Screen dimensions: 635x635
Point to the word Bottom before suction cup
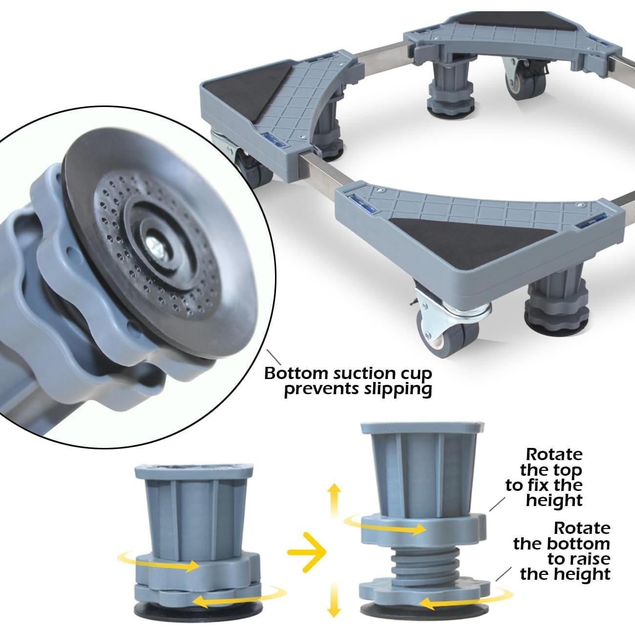point(296,374)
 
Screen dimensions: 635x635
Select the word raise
point(578,558)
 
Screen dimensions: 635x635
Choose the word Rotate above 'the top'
point(554,454)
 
